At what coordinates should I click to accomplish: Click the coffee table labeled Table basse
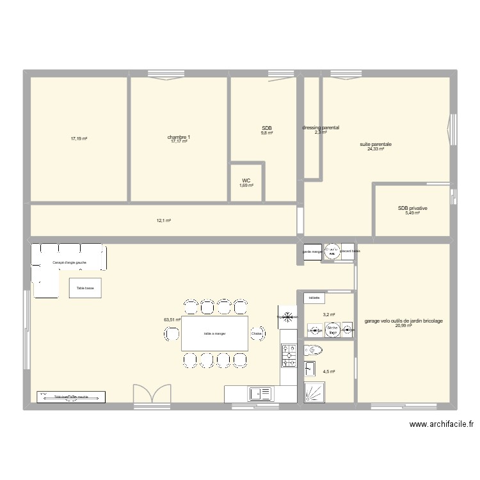85,288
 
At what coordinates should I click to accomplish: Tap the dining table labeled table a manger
215,333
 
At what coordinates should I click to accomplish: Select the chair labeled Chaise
257,333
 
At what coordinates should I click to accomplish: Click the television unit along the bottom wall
70,397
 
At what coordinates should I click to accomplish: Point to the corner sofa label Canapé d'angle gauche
70,263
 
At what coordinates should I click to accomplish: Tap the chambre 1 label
179,137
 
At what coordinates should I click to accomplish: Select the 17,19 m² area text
79,138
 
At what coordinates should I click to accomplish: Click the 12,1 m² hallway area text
164,220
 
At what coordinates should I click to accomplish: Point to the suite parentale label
376,145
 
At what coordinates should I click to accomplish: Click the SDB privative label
412,208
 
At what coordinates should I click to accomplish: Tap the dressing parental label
321,128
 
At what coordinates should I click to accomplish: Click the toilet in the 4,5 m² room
313,349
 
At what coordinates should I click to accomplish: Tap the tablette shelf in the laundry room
314,298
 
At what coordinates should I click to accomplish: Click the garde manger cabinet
312,252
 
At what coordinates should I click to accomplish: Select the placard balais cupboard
349,252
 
